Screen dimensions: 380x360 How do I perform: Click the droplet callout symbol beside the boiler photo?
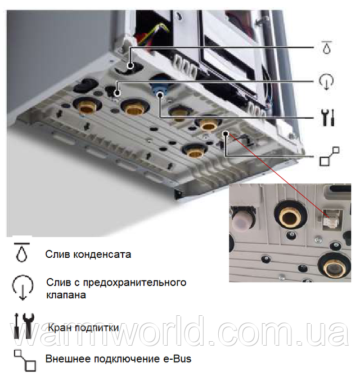(327, 48)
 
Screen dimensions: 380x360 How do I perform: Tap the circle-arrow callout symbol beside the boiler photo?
(327, 82)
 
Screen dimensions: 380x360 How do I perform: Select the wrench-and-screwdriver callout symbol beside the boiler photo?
(327, 118)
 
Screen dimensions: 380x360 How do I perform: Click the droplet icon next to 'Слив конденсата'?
(21, 253)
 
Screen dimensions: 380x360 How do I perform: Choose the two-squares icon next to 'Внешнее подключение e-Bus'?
(25, 359)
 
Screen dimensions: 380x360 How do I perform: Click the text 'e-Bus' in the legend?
(178, 359)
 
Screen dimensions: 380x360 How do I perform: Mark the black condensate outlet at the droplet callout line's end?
(131, 66)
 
